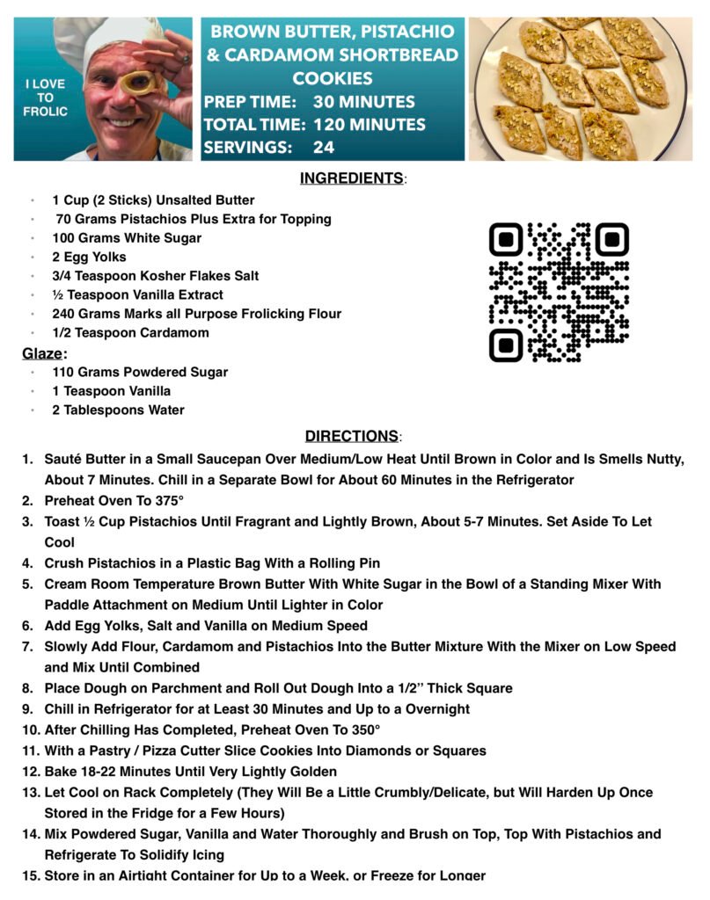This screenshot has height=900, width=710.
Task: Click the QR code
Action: (559, 292)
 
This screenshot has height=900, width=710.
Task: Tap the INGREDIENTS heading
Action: (351, 178)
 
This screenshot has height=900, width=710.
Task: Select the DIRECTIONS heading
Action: (351, 436)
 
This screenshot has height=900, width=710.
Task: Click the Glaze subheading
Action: (43, 353)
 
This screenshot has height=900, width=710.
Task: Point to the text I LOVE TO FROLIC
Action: (45, 98)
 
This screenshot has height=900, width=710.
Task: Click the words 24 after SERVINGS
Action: (324, 148)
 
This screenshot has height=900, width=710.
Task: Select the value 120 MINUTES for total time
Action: (369, 125)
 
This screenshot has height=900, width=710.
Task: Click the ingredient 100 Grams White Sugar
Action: (127, 238)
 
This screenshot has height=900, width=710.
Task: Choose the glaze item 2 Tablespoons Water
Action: (118, 410)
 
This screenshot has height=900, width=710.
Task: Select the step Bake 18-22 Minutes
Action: (190, 772)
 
